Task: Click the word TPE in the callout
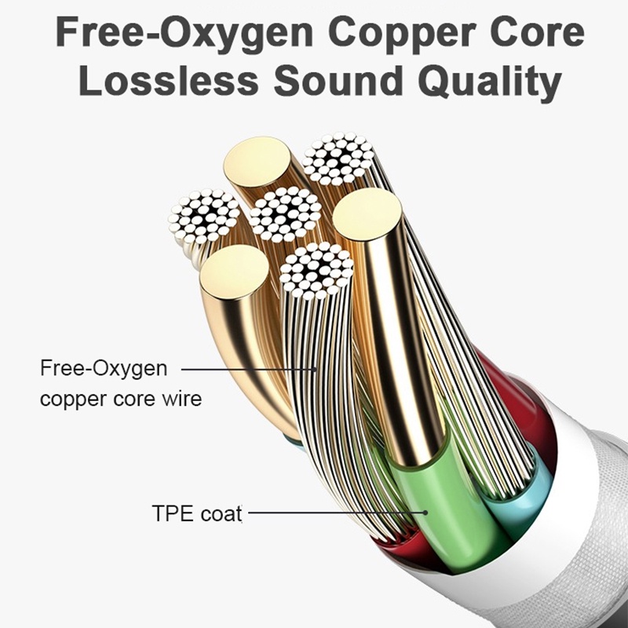tap(170, 514)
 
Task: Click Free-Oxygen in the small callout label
tap(104, 367)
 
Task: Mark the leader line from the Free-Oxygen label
tap(251, 367)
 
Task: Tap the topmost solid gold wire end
tap(257, 160)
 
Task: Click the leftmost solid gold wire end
tap(234, 272)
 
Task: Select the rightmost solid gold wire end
tap(367, 214)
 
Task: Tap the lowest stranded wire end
tap(316, 270)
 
